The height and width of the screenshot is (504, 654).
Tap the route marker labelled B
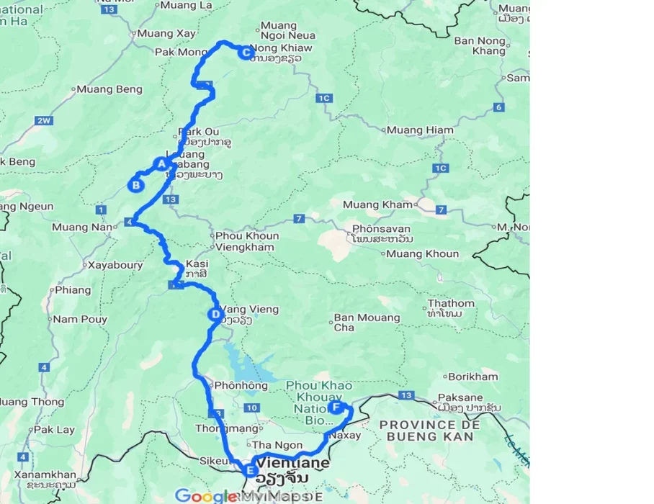[135, 185]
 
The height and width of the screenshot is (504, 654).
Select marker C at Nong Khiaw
[246, 52]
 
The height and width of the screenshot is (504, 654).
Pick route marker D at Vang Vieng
[214, 314]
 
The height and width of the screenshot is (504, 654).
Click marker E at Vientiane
[250, 472]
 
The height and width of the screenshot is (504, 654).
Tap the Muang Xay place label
[165, 33]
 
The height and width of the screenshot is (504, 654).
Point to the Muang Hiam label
[420, 130]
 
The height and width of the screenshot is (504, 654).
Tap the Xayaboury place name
[115, 265]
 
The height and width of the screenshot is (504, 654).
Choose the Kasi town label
[197, 264]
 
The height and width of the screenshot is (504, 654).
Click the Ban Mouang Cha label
[367, 323]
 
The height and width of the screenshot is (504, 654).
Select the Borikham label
[472, 377]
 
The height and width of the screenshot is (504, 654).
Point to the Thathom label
[451, 304]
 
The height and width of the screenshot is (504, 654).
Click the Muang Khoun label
[422, 253]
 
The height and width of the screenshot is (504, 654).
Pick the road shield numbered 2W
[44, 120]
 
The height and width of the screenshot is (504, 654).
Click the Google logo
[205, 495]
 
